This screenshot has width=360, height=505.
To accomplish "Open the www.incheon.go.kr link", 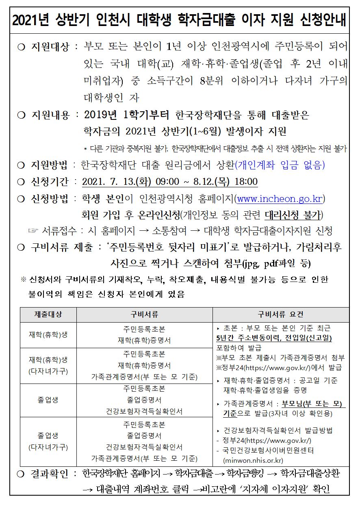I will (280, 199).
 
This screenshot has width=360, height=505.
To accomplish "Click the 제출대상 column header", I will (48, 315).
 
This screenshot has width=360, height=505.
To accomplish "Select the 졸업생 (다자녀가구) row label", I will (48, 442).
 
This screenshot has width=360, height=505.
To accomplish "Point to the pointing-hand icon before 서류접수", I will (33, 231).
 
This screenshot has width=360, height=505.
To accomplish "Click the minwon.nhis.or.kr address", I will (253, 460).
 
